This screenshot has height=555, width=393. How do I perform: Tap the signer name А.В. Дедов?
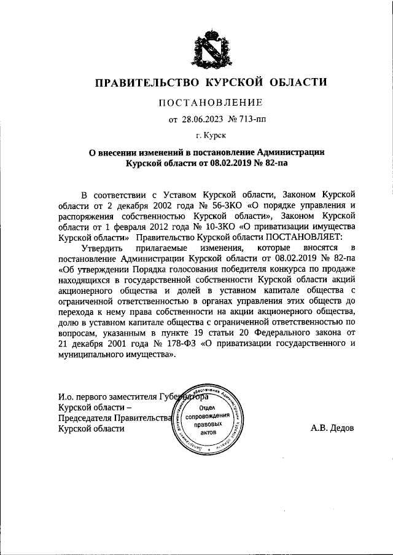pos(332,428)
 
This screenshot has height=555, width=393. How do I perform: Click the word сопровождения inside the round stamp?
pos(206,415)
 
